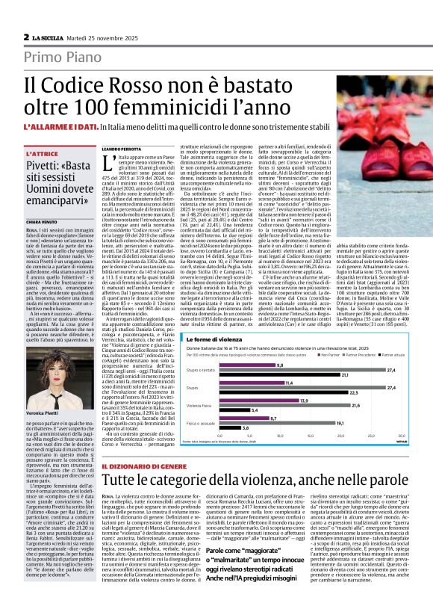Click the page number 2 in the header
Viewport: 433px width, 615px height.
pos(27,37)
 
